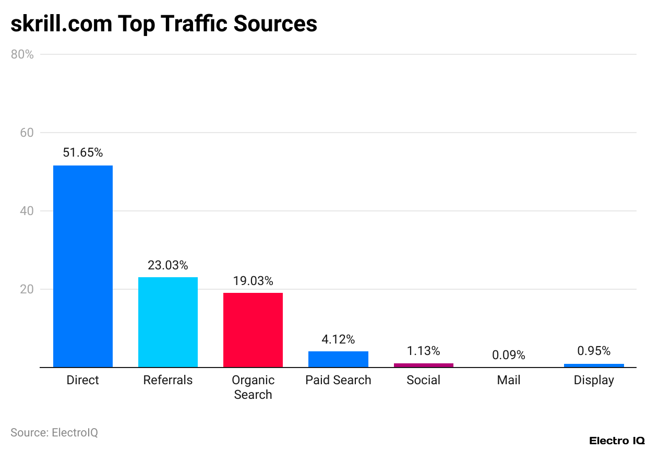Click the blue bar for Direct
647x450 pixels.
point(82,266)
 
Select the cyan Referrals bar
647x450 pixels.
point(168,322)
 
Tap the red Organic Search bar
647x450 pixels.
point(253,330)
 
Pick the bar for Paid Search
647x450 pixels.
point(338,359)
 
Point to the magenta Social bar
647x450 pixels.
point(424,365)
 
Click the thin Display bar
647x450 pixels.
point(594,365)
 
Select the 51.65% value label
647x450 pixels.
point(83,152)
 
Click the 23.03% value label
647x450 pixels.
point(168,265)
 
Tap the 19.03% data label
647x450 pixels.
point(253,281)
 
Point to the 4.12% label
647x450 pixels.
point(338,339)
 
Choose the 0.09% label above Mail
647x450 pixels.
point(509,355)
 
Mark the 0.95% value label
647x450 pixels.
point(594,351)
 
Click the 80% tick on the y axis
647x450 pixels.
point(22,54)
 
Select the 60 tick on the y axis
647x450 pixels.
point(27,133)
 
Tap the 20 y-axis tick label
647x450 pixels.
point(27,290)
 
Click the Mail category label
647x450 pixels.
point(509,380)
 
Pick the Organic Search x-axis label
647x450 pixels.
point(253,387)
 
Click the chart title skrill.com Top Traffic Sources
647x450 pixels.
point(164,24)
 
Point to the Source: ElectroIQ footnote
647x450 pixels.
point(54,432)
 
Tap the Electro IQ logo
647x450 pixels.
point(617,441)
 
